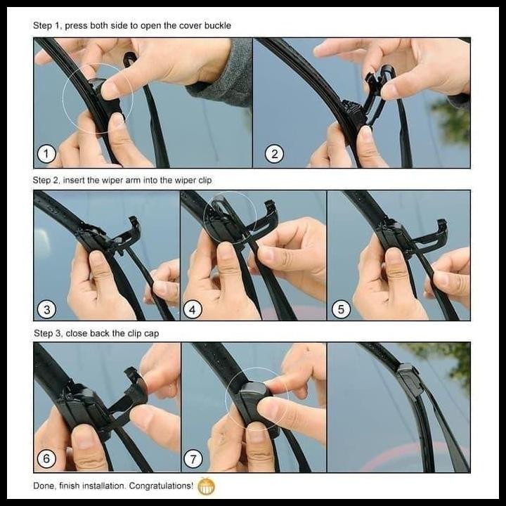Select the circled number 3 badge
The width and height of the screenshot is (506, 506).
[x=47, y=308]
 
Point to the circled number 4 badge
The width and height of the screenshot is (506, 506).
[x=194, y=308]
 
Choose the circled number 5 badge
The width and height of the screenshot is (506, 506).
[x=341, y=308]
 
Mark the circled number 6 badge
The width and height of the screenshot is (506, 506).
[x=47, y=460]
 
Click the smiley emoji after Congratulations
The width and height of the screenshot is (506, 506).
[x=206, y=486]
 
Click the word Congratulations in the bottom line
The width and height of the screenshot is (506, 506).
[x=158, y=486]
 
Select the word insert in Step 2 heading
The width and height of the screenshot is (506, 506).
[x=73, y=181]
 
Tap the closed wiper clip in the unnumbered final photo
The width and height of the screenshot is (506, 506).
[x=408, y=380]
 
